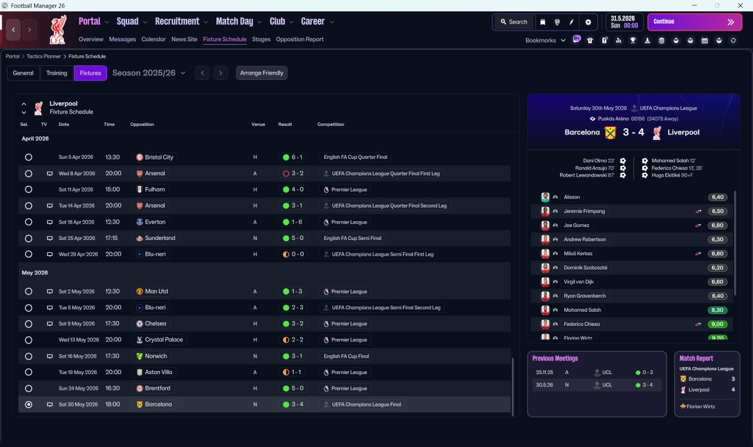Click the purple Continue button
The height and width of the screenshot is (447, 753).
click(x=694, y=22)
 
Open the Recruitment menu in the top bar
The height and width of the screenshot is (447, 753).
click(x=177, y=22)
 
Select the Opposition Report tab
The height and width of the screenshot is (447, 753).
click(x=299, y=39)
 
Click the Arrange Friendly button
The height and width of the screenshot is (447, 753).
click(x=262, y=73)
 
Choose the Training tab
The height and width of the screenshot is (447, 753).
click(x=56, y=73)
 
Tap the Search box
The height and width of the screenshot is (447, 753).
click(x=514, y=22)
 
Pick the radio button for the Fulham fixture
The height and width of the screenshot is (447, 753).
click(x=28, y=190)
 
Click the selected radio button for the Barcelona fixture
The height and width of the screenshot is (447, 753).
click(x=28, y=405)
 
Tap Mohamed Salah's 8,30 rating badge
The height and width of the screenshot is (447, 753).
click(x=718, y=310)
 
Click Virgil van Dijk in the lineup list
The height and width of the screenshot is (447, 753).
click(x=579, y=282)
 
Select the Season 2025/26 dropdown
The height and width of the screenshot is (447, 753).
click(x=149, y=73)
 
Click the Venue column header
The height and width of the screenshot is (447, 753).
click(x=258, y=125)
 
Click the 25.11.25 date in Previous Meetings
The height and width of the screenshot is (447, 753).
click(x=544, y=372)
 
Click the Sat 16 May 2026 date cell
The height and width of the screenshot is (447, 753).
click(x=76, y=356)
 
